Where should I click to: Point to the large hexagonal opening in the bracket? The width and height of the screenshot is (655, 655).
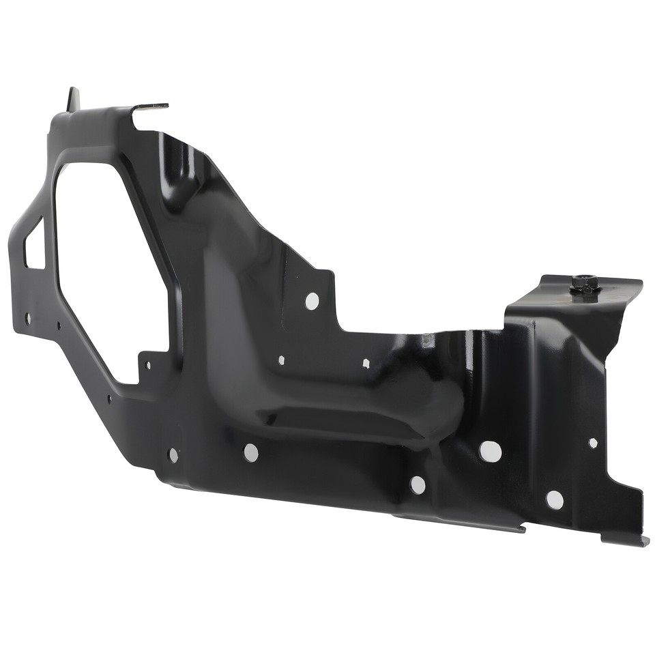click(x=109, y=270)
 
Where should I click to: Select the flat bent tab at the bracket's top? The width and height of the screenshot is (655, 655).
click(x=151, y=106)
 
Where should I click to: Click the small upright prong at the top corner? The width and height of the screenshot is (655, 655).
click(x=73, y=99)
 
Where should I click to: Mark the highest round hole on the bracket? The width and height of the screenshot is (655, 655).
click(x=312, y=301)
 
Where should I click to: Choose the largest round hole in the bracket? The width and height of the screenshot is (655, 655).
click(x=490, y=451)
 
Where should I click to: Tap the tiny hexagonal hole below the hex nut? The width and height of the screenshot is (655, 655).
click(x=593, y=443)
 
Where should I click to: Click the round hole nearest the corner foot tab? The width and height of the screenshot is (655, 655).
click(x=555, y=500)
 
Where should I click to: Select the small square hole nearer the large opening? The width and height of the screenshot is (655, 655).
click(x=281, y=360)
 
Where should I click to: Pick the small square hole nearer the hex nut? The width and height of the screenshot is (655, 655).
click(x=366, y=363)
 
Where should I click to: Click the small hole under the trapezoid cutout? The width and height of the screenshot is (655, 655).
click(x=28, y=318)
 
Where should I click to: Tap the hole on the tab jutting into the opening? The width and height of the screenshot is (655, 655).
click(x=148, y=365)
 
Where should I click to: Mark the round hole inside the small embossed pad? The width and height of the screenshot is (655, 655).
click(x=173, y=454)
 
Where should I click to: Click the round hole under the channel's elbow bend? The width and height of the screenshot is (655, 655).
click(x=251, y=452)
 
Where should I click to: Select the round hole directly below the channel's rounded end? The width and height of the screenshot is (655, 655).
click(x=418, y=485)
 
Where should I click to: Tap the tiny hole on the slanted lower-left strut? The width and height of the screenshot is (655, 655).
click(x=109, y=398)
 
